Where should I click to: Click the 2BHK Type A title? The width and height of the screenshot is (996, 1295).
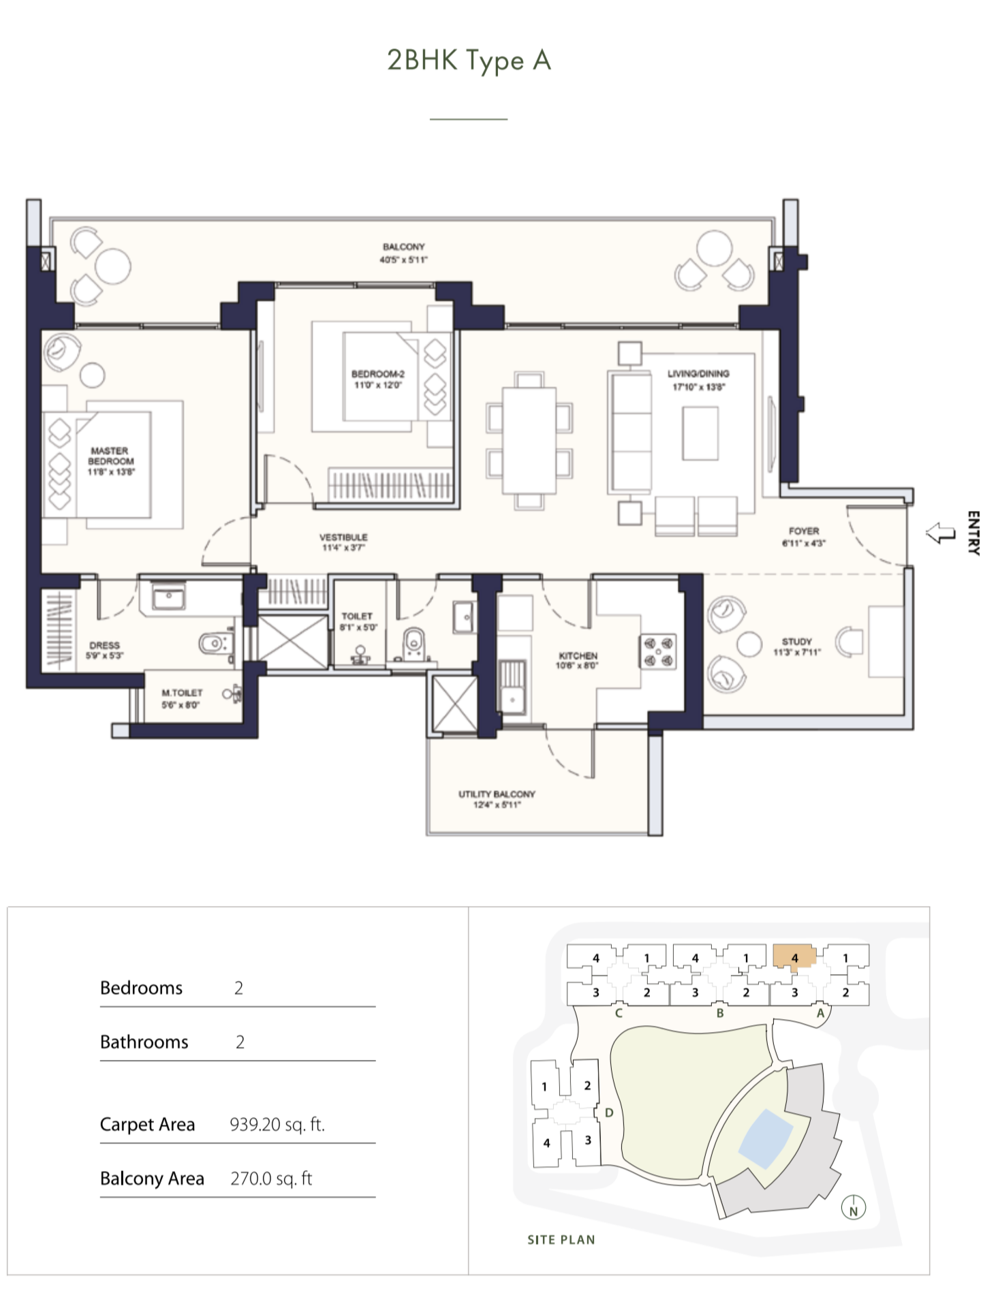[469, 61]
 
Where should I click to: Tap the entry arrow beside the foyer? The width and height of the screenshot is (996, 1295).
[941, 533]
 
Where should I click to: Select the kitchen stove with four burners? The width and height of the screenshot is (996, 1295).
[657, 651]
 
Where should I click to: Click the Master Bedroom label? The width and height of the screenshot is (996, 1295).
[110, 461]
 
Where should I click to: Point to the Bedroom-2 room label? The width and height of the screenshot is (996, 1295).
[377, 379]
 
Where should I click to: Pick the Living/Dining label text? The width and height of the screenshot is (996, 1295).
[698, 379]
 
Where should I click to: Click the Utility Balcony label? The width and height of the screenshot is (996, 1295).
[497, 799]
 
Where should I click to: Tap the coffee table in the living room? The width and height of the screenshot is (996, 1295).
[700, 433]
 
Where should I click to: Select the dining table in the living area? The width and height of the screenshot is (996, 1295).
[529, 440]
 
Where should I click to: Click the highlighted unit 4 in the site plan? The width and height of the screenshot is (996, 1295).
[794, 956]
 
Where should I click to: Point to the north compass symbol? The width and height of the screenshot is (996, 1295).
[853, 1208]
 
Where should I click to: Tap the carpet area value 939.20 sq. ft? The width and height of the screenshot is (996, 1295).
[277, 1124]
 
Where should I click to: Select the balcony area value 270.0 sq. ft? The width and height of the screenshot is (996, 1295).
[271, 1179]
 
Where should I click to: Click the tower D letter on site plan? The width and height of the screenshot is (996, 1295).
[609, 1112]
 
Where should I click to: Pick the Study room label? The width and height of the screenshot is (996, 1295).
[797, 646]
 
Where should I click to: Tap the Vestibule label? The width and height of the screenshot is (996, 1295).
[343, 542]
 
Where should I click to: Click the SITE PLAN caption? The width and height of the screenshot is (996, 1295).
[561, 1240]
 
